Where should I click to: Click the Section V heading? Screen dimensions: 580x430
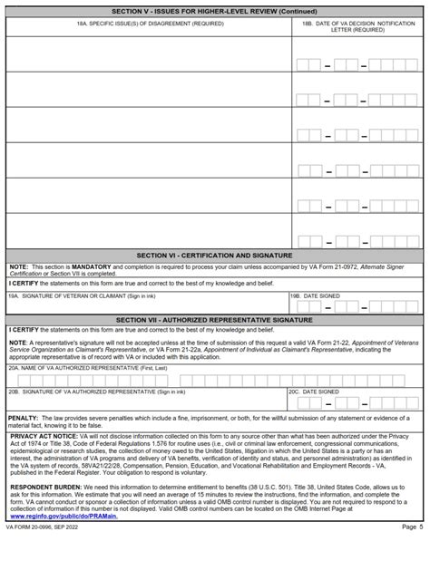click(x=215, y=11)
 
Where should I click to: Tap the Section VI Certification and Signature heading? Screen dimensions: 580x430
click(x=215, y=256)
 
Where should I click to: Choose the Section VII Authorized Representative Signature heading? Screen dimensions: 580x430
click(x=215, y=320)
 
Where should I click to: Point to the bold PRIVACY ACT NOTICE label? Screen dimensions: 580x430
click(x=44, y=436)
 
